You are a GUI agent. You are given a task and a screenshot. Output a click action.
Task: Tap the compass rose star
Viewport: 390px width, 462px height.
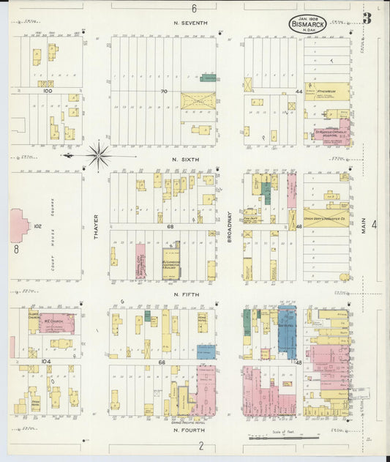[x=98, y=155]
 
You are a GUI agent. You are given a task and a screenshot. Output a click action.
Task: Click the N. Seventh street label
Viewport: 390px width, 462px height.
[x=190, y=23]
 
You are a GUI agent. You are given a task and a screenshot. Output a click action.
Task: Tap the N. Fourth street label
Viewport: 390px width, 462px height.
[x=187, y=430]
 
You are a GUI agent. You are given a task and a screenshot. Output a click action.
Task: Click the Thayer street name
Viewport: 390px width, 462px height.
[x=95, y=226]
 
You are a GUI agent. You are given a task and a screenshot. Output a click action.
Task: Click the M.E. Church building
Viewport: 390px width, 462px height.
[x=53, y=322]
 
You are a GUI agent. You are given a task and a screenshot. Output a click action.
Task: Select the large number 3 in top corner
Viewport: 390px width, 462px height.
[x=367, y=18]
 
